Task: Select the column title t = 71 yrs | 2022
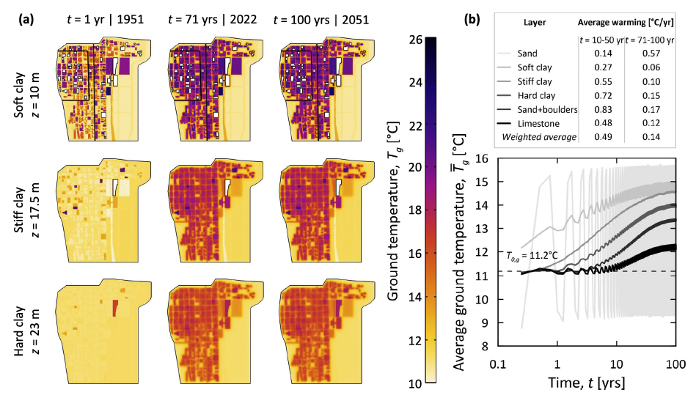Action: point(212,19)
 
